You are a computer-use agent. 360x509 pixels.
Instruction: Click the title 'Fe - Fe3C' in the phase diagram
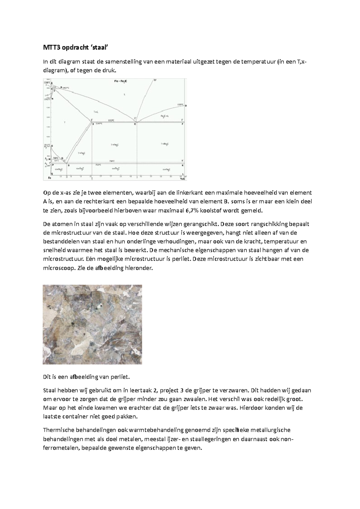point(120,81)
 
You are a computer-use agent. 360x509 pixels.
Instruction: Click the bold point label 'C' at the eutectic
point(135,124)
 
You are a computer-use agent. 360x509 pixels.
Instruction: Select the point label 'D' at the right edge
point(186,106)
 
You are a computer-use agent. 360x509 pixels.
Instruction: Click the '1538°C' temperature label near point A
point(46,82)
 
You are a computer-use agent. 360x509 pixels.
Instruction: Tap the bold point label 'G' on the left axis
point(52,146)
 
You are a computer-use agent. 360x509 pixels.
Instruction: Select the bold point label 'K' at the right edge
point(183,165)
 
